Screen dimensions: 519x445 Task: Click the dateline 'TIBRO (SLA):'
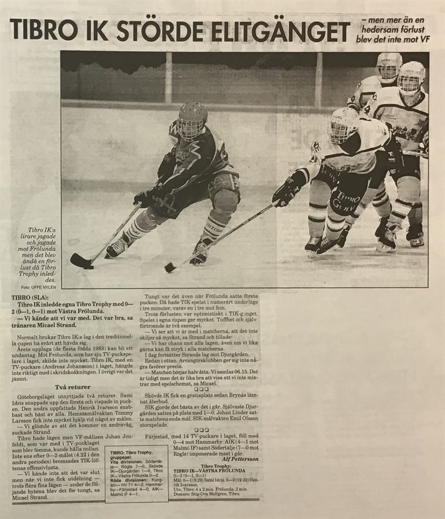tap(32, 298)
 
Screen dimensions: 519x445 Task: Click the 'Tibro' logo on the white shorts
tap(344, 201)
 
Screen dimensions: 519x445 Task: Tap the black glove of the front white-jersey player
tap(287, 193)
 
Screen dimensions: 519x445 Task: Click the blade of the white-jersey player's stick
tap(171, 267)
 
